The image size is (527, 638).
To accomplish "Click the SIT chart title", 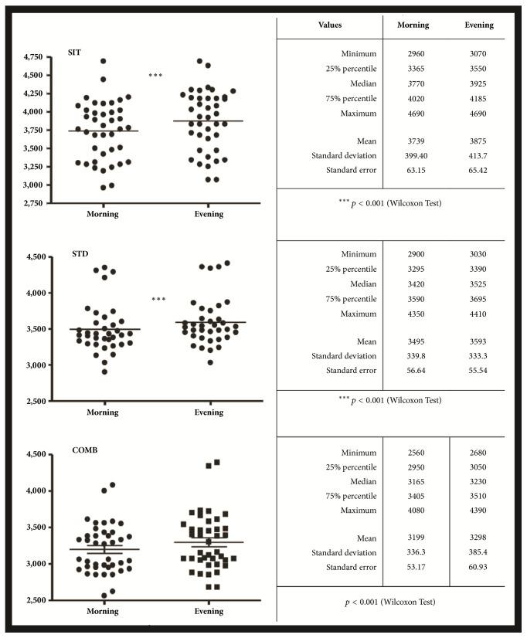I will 76,52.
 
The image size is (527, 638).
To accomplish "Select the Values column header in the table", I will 329,25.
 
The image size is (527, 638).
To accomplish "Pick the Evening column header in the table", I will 478,25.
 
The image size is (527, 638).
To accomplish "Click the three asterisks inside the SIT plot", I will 156,76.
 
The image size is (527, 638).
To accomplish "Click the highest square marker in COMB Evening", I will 217,463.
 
